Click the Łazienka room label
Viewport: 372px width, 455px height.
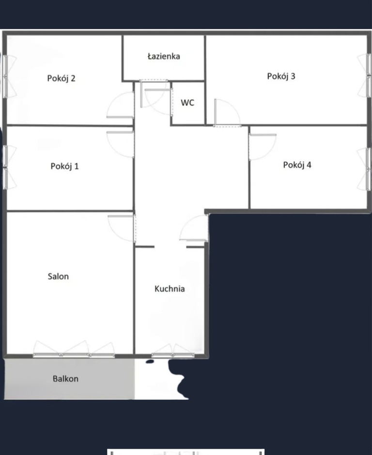[164, 56]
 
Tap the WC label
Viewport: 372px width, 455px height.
[187, 103]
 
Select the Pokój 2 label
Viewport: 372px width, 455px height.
[61, 78]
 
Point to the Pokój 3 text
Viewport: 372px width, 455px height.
[281, 76]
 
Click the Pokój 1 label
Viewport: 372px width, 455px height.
[64, 166]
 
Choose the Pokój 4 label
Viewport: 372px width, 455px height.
[297, 165]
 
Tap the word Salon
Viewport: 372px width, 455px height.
[58, 276]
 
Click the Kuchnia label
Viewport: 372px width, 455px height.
[170, 289]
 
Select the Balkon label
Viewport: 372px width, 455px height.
[65, 379]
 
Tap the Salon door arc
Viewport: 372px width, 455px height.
[122, 227]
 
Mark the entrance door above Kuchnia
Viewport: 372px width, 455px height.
[195, 228]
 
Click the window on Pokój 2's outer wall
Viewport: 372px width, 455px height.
[6, 76]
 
